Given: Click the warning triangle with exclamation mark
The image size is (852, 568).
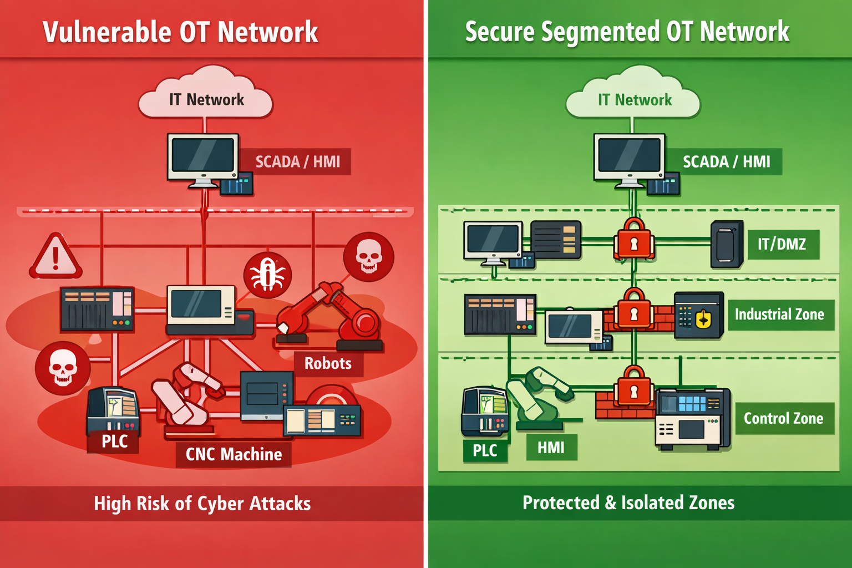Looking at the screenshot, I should point(55,257).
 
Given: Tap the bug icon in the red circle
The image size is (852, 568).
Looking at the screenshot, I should point(268,275).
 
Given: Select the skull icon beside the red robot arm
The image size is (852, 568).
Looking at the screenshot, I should point(368,257).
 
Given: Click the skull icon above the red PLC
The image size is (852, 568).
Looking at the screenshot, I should point(62,368).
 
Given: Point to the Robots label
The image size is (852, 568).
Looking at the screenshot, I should point(328,364).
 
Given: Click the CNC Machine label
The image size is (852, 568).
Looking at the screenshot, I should point(234,454).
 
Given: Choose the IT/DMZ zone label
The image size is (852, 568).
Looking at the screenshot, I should point(782,244).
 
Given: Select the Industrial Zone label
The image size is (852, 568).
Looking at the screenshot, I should point(779,315).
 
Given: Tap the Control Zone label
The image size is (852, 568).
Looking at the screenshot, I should point(783,418).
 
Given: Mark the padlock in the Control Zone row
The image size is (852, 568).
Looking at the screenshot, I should point(633,388).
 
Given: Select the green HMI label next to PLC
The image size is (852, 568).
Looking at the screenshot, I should point(551,448).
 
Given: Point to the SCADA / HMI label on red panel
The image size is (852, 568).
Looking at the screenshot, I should point(297,162).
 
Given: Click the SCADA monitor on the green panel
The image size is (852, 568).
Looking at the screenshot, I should point(629,158).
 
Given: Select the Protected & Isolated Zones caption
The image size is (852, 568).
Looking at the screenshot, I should point(628,503).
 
